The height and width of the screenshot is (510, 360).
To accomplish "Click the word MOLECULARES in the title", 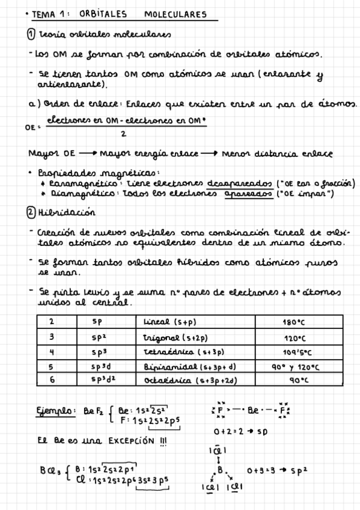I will coord(175,14).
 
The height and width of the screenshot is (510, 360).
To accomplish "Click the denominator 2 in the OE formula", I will coord(123,134).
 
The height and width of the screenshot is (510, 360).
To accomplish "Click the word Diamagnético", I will coord(70,194).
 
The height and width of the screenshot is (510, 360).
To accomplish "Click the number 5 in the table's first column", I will coord(52,366).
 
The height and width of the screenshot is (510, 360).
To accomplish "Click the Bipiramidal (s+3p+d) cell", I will coord(188,366).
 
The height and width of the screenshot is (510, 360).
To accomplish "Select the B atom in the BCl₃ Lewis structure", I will coord(220,470).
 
